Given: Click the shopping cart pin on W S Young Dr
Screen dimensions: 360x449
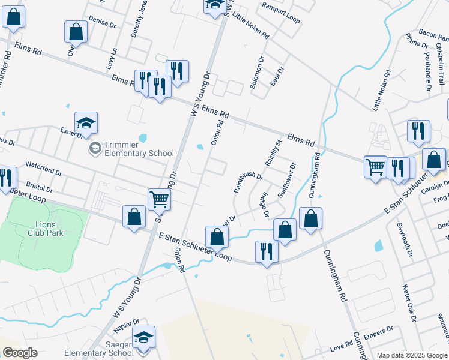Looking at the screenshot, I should pos(159,200).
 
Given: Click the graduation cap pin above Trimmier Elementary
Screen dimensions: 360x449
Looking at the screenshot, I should pos(86,124).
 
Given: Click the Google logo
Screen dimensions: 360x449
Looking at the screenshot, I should pos(20,353).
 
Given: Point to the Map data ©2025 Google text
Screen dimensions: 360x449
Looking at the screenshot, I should pos(412,356).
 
